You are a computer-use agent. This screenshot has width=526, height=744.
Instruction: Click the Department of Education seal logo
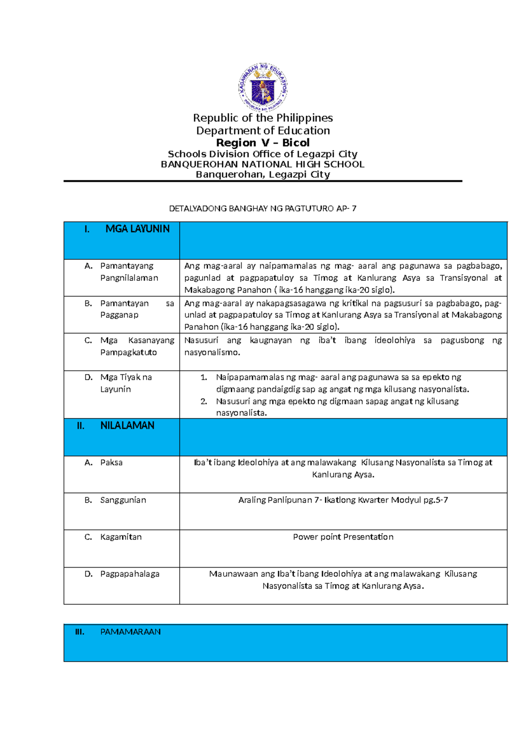point(263,87)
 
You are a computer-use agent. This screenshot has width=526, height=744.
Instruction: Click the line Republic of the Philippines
point(263,118)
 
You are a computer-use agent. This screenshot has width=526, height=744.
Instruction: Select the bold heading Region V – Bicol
point(263,143)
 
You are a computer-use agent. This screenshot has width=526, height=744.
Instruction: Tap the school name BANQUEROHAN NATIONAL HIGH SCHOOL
point(263,165)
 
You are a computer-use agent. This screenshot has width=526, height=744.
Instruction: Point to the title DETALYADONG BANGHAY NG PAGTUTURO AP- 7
point(263,209)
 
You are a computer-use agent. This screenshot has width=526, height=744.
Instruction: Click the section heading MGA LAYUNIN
point(137,229)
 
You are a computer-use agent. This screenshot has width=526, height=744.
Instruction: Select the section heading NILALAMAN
point(127,426)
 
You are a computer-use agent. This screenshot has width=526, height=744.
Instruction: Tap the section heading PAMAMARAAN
point(130,632)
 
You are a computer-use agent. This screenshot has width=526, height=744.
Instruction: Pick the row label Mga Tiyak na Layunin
point(126,383)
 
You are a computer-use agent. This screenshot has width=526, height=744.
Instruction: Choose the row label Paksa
point(111,462)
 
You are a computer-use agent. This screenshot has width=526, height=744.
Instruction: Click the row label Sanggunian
point(123,500)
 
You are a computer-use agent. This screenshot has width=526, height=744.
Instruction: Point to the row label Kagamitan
point(121,537)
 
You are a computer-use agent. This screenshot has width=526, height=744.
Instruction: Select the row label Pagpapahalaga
point(130,574)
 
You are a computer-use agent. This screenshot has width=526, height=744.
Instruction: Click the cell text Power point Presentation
point(343,537)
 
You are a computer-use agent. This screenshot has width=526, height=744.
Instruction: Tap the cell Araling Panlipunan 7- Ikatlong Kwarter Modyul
point(343,500)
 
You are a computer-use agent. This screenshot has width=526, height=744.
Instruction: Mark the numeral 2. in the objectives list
point(204,401)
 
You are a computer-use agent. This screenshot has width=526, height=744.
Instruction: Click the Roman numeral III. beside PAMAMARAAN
point(79,632)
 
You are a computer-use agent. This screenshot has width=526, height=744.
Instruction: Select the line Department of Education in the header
point(263,131)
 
